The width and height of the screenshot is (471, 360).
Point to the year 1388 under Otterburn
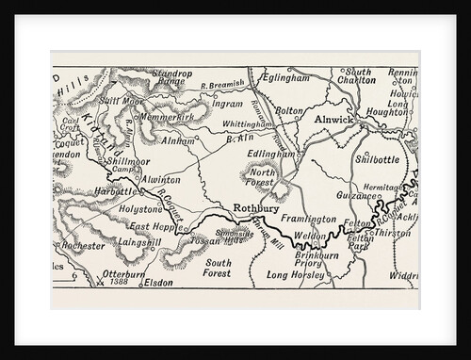(x=120, y=282)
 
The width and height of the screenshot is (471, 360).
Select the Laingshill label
(x=141, y=242)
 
